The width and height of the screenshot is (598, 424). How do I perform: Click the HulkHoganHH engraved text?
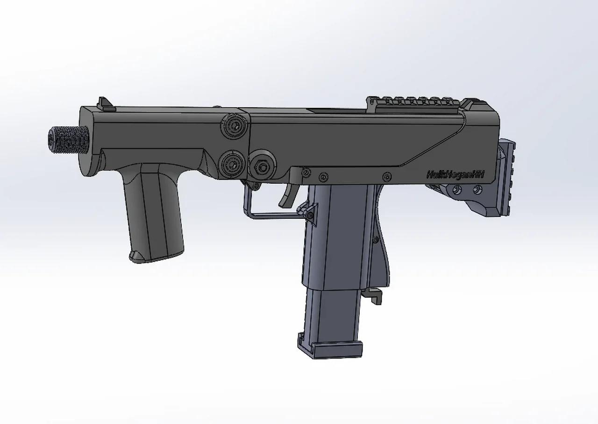[x=455, y=174]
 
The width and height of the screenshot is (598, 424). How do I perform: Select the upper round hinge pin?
[x=232, y=126]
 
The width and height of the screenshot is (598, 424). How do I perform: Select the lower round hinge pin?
[x=232, y=163]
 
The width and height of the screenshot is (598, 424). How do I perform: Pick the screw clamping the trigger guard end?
[x=309, y=215]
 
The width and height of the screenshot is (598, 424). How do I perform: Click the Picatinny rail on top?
[x=416, y=102]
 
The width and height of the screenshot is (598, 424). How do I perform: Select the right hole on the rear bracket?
[x=477, y=189]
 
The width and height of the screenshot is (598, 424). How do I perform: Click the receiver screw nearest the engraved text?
[x=386, y=176]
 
